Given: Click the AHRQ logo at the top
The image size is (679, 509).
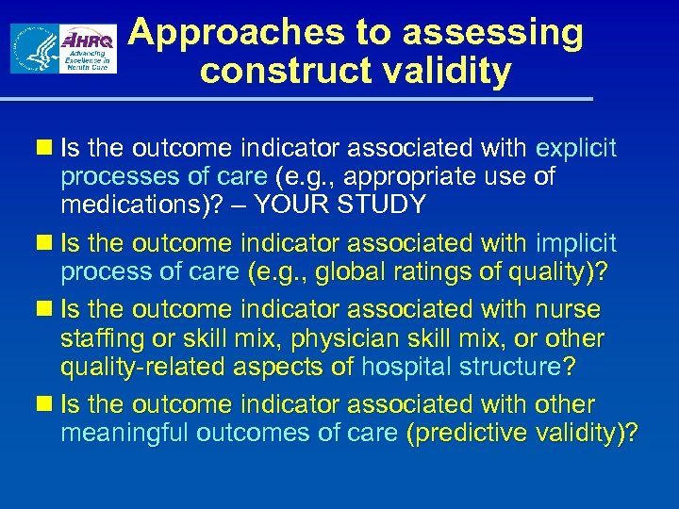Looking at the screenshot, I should [88, 49].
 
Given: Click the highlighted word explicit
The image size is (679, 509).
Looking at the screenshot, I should [576, 149].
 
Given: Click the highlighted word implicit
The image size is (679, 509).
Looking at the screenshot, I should [576, 243].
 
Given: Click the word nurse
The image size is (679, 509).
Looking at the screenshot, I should [569, 309].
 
